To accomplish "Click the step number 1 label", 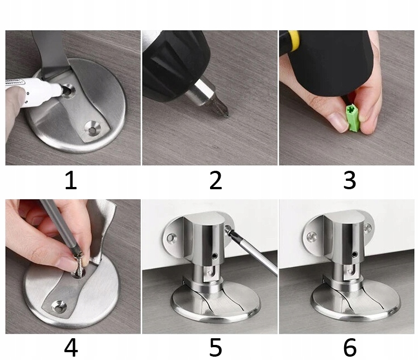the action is point(71,181).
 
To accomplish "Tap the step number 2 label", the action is point(216,181).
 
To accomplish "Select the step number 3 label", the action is point(350,181).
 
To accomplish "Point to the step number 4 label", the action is point(71,348).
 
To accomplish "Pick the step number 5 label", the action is point(216,348).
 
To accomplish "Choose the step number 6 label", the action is point(350,348).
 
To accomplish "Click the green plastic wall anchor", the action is point(354,118).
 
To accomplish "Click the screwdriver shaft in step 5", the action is point(253,251).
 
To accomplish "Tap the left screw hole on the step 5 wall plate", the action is point(172,237).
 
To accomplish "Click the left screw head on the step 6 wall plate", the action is point(312,236).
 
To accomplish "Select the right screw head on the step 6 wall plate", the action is point(368,228).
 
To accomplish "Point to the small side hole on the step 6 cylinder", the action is point(355,255).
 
